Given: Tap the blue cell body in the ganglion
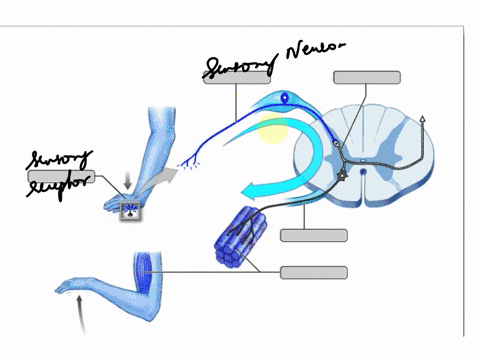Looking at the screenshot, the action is (x=287, y=98).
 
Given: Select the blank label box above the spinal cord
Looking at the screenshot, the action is (x=367, y=77).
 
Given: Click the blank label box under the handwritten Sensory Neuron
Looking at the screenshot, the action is (x=237, y=79).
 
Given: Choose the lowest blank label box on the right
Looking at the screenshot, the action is (x=314, y=272).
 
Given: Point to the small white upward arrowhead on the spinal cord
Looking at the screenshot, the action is (x=424, y=119).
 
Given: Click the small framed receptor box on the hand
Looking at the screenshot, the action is (x=130, y=211).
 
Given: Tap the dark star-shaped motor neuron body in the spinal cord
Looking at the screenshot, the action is (x=343, y=173).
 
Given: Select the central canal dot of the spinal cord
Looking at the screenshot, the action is (x=363, y=171).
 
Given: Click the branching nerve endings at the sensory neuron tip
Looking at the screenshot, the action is (x=184, y=160).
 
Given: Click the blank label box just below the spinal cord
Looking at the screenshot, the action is (x=314, y=235).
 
